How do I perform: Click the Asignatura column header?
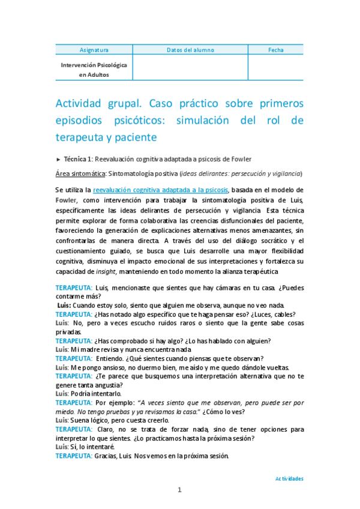click(94, 50)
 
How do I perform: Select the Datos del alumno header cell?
click(190, 50)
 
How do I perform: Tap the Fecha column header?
click(276, 50)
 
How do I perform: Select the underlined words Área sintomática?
click(79, 173)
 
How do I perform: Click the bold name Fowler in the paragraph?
click(67, 200)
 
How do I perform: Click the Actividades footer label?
click(289, 479)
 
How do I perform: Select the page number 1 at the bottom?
click(179, 490)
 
